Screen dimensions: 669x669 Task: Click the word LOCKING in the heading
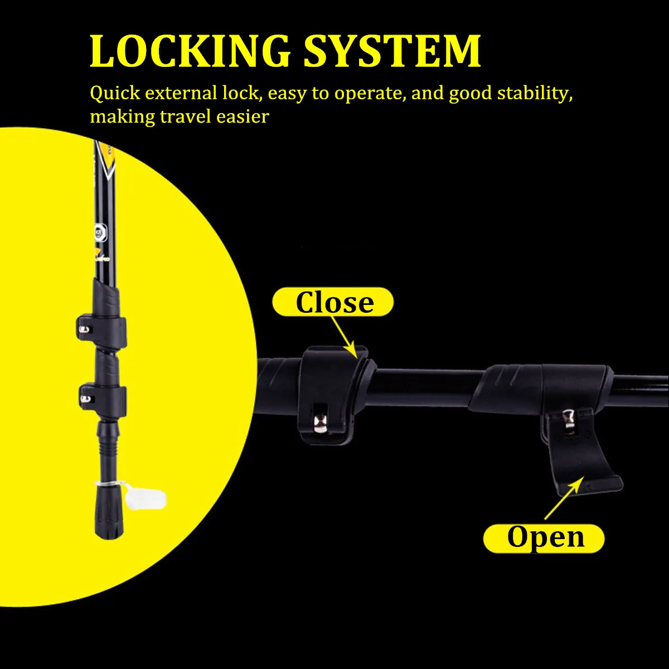tap(190, 51)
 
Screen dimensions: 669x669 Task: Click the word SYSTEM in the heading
tap(392, 51)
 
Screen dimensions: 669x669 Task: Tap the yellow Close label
tap(333, 302)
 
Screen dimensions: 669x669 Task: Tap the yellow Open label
tap(544, 537)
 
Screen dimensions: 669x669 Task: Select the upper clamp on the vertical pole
tap(101, 329)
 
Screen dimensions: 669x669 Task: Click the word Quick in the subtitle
tap(115, 94)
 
